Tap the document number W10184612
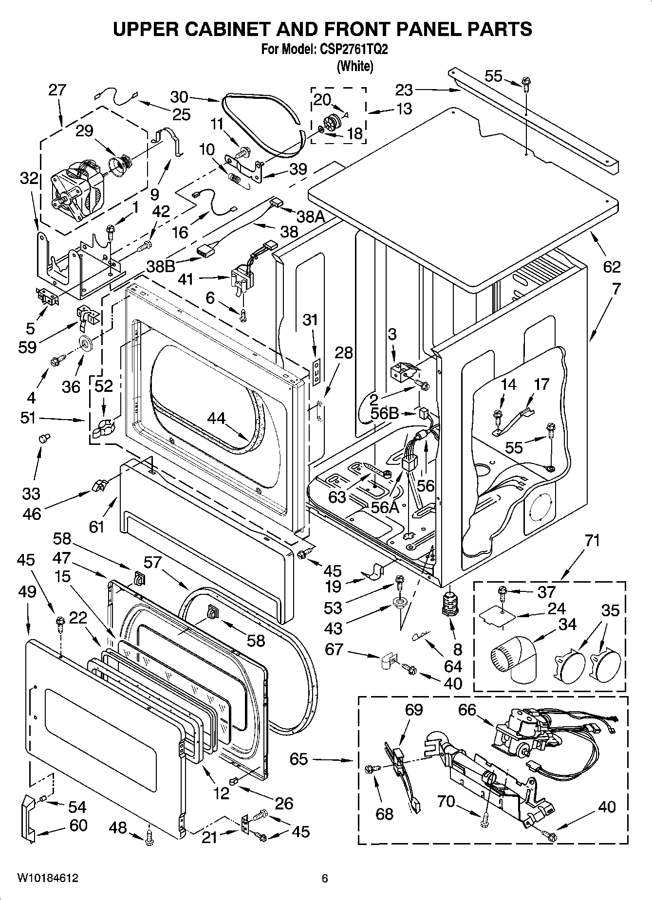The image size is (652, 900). tap(48, 878)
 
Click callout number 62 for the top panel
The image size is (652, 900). tap(612, 267)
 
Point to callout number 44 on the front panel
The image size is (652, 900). tap(217, 418)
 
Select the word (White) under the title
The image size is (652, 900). tap(355, 66)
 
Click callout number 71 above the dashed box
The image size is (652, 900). tap(593, 541)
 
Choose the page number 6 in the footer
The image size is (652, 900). tap(325, 879)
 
